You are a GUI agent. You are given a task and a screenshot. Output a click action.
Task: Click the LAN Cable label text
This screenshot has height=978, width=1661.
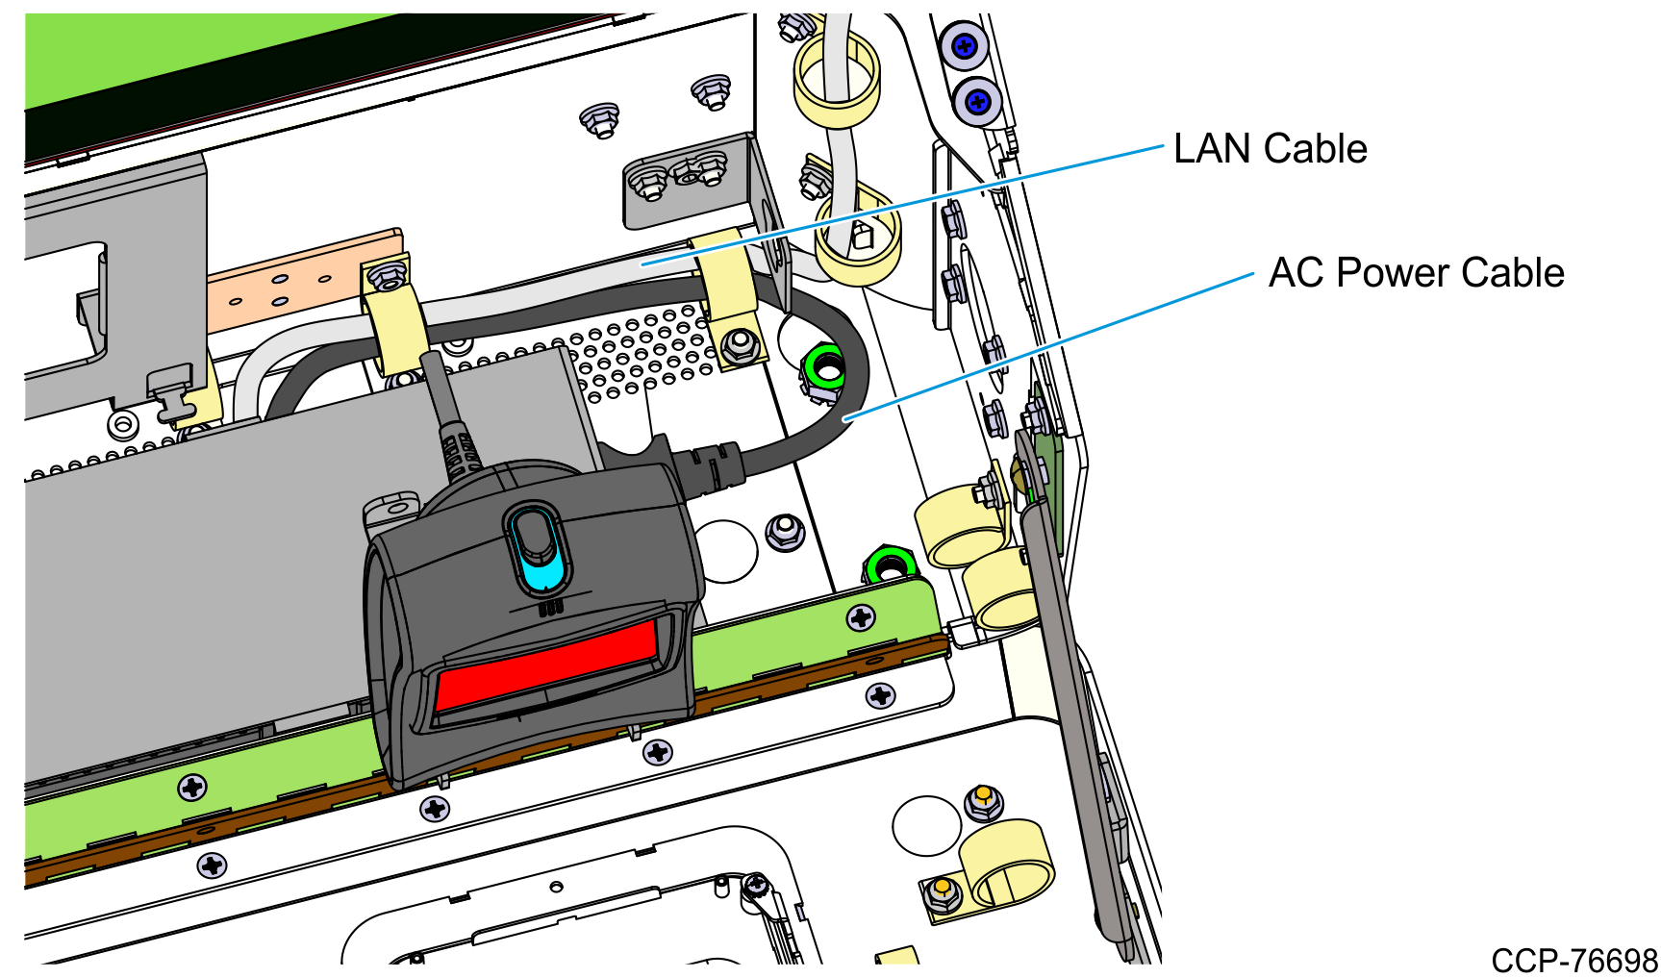(1270, 149)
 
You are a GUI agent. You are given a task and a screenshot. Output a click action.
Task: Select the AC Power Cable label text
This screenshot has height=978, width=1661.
(1416, 273)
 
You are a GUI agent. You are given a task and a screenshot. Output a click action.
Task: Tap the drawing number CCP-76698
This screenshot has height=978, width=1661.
(1574, 961)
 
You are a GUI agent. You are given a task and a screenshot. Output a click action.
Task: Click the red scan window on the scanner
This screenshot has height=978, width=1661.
(546, 664)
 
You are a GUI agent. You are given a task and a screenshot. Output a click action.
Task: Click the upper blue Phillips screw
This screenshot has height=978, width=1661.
(964, 45)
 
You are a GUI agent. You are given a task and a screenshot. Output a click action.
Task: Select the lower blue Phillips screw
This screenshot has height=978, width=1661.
(978, 100)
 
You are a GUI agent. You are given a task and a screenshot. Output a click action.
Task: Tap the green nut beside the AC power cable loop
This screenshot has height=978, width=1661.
(823, 370)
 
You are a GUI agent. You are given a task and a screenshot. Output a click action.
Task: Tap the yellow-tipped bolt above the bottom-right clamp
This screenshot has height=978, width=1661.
(984, 801)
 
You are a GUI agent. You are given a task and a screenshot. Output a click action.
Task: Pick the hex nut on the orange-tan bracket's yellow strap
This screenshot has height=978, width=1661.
(387, 275)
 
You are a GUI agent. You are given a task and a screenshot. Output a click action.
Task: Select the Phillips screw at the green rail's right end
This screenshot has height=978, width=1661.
(861, 617)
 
